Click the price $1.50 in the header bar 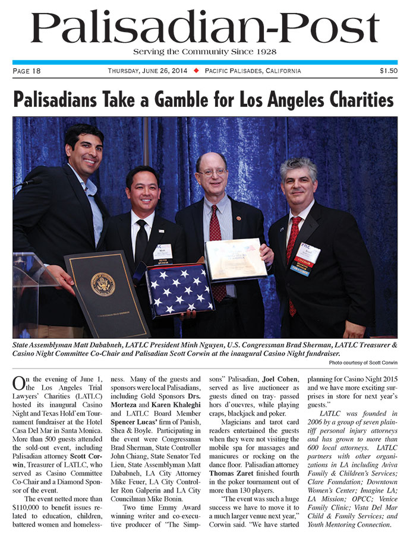tap(388, 71)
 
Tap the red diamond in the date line tap(195, 71)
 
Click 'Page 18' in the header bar tap(27, 71)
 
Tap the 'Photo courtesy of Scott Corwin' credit tap(362, 362)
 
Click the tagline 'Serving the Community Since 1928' tap(204, 52)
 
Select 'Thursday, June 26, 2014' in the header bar tap(148, 71)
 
